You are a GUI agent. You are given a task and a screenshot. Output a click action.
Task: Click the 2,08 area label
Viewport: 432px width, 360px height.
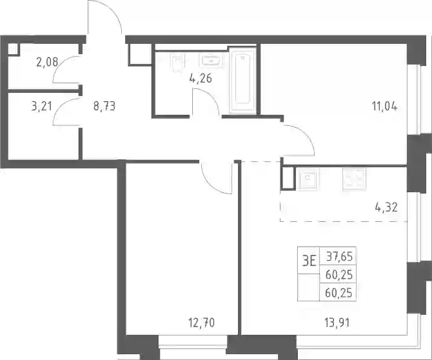(47, 62)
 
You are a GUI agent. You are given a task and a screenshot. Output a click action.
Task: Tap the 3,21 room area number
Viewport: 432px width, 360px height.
(42, 106)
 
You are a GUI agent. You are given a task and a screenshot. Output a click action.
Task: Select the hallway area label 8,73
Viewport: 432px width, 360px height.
(104, 106)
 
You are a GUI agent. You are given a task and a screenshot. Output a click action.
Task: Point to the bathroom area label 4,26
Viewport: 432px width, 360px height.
(201, 78)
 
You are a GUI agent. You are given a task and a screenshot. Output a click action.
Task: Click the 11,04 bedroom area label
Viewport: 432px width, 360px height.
(385, 106)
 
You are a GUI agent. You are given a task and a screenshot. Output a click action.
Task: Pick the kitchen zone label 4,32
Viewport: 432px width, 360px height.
(386, 207)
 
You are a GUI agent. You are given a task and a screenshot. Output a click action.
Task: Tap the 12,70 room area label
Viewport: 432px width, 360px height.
(201, 323)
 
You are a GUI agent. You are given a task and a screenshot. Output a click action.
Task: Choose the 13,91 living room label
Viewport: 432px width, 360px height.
(337, 323)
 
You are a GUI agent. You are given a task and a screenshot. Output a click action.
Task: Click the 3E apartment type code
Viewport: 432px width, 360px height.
(309, 261)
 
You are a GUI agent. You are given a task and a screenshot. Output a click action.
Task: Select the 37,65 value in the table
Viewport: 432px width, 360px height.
(339, 257)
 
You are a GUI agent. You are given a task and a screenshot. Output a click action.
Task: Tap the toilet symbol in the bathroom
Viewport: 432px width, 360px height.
(177, 63)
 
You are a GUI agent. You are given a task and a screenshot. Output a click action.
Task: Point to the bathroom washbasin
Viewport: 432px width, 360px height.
(211, 61)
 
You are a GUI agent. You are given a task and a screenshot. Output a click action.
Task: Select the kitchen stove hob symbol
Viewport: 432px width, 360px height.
(355, 179)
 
